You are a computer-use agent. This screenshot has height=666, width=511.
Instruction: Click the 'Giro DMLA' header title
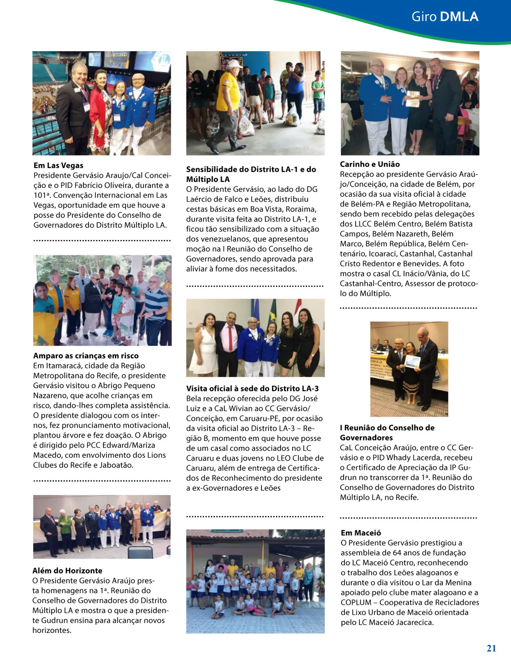[445, 17]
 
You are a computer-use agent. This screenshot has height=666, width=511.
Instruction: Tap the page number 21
[491, 648]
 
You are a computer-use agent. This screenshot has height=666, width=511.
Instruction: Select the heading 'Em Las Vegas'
[58, 165]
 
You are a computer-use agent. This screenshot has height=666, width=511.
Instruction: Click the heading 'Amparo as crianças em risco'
[86, 355]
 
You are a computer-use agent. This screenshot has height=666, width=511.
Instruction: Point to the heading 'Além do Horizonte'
[67, 571]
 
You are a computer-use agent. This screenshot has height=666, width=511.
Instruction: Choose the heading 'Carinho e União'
[370, 164]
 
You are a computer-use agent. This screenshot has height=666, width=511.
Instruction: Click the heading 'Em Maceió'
[361, 533]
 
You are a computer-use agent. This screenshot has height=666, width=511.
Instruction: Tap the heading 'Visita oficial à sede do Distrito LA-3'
[252, 388]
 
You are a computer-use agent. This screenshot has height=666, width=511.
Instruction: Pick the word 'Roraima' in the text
[302, 209]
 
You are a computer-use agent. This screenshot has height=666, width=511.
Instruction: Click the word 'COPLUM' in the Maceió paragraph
[356, 603]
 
